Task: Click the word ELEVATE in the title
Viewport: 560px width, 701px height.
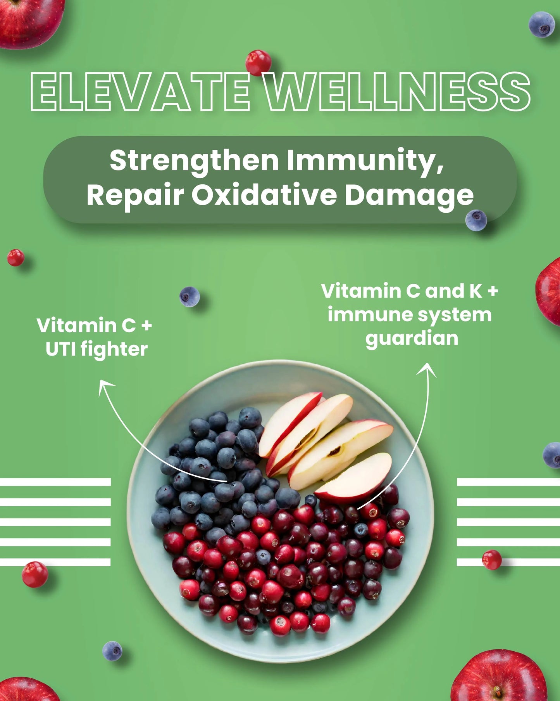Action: [140, 92]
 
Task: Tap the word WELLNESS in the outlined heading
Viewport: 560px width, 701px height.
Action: [399, 92]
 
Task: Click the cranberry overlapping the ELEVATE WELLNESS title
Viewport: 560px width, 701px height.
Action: [258, 62]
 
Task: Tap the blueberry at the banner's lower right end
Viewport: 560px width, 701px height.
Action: [476, 220]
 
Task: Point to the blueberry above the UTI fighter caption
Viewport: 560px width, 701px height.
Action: [190, 297]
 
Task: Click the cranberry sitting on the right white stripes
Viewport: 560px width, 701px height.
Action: [492, 560]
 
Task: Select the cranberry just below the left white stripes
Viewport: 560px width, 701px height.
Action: [35, 574]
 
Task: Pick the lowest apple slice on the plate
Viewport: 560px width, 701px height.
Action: [353, 477]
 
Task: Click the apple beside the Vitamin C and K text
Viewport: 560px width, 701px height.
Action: [548, 292]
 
